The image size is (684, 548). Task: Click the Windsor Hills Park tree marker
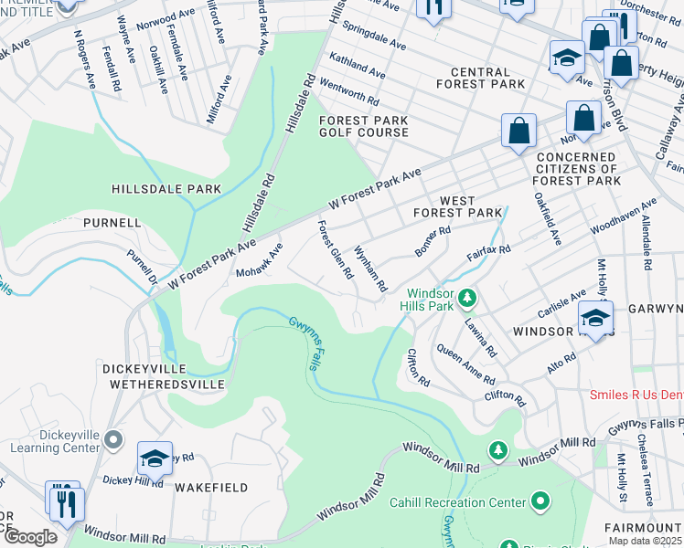[467, 298]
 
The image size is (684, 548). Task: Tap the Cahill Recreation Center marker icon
[540, 501]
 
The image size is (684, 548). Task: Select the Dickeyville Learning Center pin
[113, 441]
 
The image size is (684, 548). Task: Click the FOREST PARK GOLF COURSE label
[363, 126]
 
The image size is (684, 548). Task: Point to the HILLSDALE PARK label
[166, 189]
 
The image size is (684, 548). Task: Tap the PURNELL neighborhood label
[112, 222]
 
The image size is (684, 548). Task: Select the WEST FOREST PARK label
[457, 206]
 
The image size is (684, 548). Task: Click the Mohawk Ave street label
[260, 260]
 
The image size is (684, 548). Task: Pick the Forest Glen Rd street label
[335, 248]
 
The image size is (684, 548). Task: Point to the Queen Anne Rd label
[465, 364]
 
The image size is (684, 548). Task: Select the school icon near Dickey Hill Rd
[155, 459]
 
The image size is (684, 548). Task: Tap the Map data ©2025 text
[645, 541]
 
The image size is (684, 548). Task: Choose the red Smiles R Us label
[634, 395]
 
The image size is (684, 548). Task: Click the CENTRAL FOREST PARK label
[480, 79]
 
